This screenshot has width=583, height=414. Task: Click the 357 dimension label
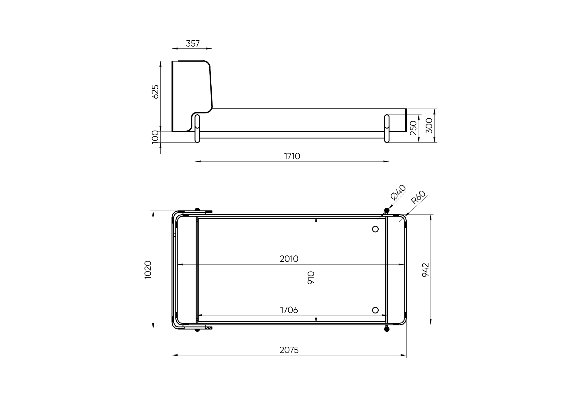click(x=193, y=43)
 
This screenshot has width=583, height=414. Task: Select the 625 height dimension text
click(x=155, y=92)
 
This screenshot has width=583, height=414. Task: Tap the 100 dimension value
click(x=155, y=136)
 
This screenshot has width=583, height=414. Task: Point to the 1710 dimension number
click(x=292, y=156)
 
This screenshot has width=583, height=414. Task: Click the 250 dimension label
click(x=413, y=128)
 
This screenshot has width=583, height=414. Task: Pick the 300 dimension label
click(x=429, y=126)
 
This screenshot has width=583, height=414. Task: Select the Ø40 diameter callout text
click(x=398, y=192)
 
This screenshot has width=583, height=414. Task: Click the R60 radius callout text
click(x=418, y=197)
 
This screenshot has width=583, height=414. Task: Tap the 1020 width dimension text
click(x=148, y=270)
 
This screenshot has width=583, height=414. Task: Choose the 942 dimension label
click(x=426, y=270)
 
